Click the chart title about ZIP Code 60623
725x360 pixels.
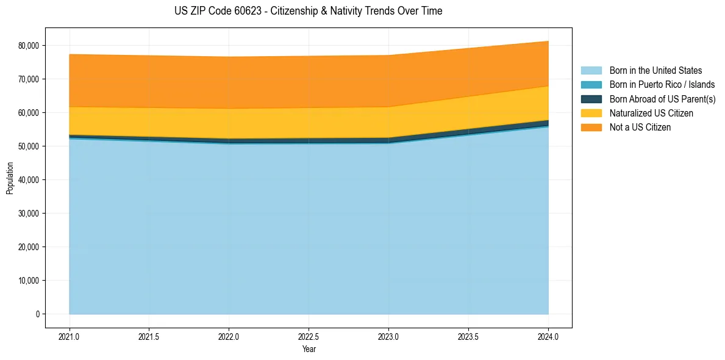pos(308,11)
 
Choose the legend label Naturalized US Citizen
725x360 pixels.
pos(651,113)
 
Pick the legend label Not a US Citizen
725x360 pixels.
pos(640,127)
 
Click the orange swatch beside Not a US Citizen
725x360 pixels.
pos(591,127)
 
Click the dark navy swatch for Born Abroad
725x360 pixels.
pos(591,99)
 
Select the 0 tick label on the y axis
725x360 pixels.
pos(37,314)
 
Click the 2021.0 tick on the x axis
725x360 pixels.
pos(70,336)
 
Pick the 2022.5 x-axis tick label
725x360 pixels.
pos(309,336)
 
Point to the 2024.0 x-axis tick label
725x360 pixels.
pos(548,336)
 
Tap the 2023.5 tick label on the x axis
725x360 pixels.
pos(468,336)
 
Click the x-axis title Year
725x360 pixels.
pos(309,349)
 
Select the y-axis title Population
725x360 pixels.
pos(10,178)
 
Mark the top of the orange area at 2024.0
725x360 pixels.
pos(548,41)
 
